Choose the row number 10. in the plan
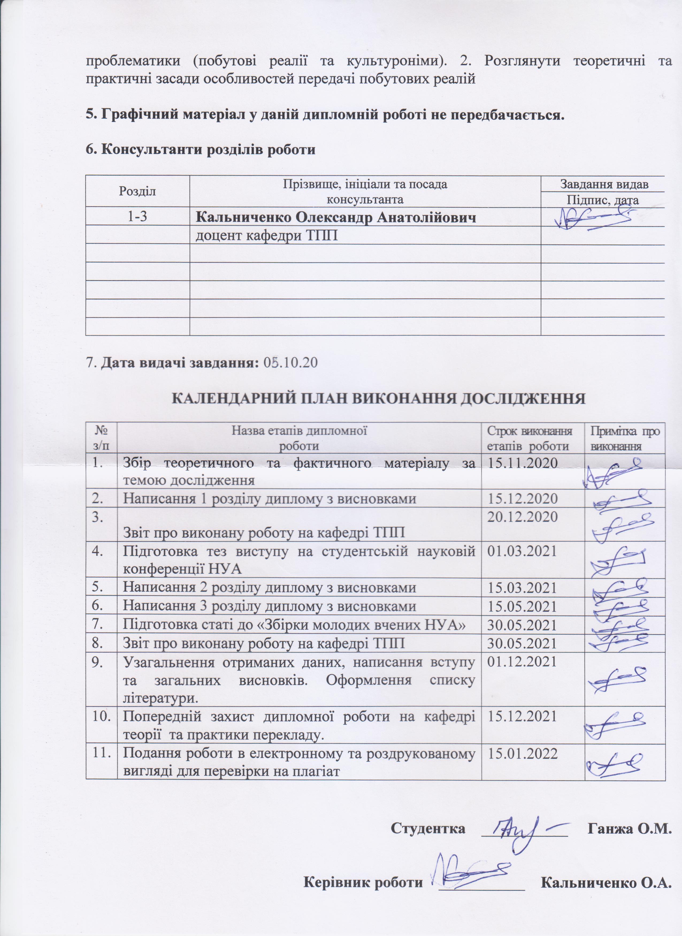(x=101, y=717)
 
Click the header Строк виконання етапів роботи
(x=529, y=438)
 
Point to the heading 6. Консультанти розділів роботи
(x=200, y=149)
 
